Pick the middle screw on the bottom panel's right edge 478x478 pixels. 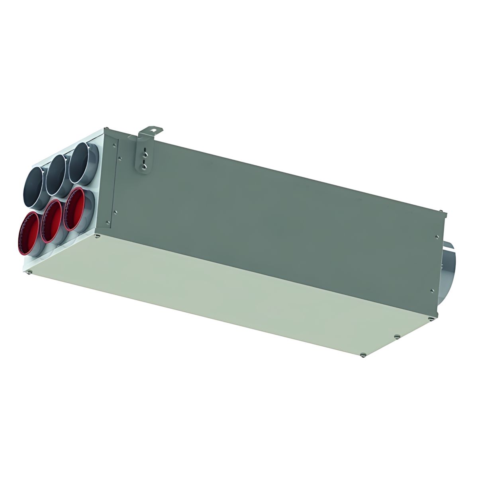(397, 337)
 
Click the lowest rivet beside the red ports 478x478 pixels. (108, 222)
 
